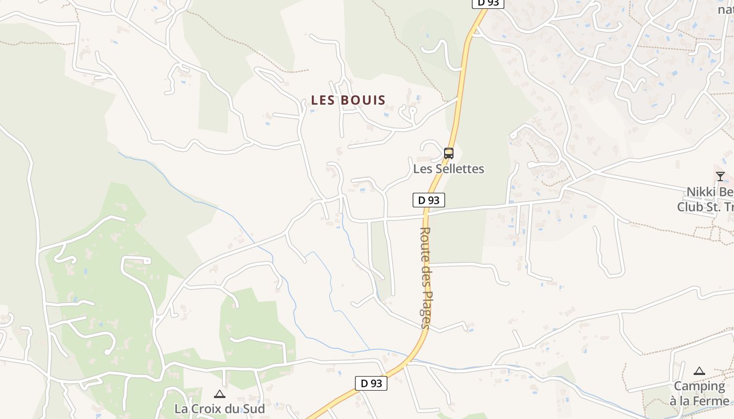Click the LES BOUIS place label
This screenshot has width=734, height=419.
point(348,100)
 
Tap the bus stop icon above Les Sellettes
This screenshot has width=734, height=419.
point(449,153)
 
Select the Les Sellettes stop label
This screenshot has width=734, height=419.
point(449,169)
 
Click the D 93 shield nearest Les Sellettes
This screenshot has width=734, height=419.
point(429,200)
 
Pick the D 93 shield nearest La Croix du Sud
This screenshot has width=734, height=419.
point(371,383)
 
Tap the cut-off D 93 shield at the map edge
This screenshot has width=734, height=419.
point(488,4)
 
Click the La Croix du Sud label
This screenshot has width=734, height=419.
point(220,408)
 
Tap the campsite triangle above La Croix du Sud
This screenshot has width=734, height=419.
point(220,394)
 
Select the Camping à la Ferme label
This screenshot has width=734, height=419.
point(699,394)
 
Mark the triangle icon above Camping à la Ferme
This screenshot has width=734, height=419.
point(699,371)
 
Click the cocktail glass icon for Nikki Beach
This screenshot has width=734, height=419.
point(720,176)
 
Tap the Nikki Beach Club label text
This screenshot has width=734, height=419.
point(705,199)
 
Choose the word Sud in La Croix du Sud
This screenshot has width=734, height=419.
point(254,408)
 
